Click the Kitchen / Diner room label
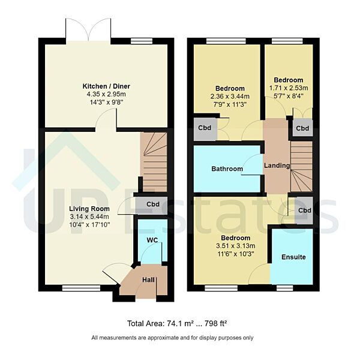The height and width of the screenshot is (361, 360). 106,86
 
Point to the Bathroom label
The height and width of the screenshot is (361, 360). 227,169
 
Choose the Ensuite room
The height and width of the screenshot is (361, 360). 293,257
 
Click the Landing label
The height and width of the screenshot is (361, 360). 277,166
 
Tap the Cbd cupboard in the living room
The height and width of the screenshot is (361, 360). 152,204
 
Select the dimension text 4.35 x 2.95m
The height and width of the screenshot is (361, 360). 106,94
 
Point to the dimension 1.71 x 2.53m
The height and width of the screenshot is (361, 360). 288,88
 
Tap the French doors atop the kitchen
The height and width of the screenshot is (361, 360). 88,30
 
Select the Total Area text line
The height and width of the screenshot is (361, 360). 179,323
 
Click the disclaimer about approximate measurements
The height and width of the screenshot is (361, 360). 172,338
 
